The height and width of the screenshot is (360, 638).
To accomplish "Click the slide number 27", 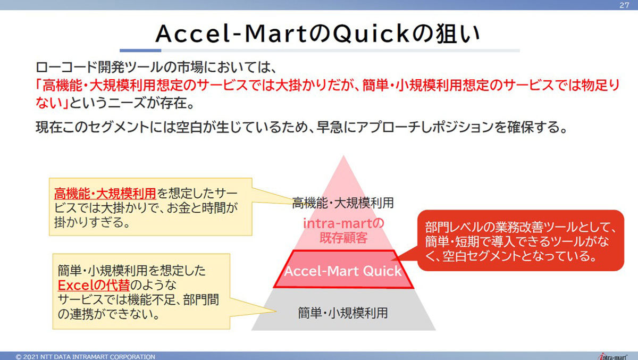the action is (x=624, y=5).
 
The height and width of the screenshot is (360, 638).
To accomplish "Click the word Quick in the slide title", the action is (x=371, y=34).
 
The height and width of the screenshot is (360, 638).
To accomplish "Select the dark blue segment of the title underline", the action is (x=140, y=51).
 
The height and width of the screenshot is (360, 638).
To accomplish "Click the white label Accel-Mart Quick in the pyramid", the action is (x=343, y=271).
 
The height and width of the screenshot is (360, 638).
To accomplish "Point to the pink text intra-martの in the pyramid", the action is (x=344, y=223).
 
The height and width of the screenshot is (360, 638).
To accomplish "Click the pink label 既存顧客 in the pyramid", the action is (x=343, y=238).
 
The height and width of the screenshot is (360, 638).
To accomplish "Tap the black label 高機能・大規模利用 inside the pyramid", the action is (x=343, y=203).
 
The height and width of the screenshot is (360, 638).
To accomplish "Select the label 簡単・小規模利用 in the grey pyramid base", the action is (x=343, y=313).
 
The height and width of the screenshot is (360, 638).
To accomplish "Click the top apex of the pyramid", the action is (x=343, y=155).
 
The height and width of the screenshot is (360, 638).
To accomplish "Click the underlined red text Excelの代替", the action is (x=94, y=285).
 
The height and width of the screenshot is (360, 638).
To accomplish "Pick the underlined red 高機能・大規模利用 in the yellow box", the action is (x=105, y=194).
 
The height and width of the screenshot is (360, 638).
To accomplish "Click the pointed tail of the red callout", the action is (x=392, y=259).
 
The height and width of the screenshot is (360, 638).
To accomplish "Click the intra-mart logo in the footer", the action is (x=612, y=357).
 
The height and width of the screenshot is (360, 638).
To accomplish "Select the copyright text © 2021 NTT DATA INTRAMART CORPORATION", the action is (x=86, y=357).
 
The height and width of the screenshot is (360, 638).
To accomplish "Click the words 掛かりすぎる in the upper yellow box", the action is (x=89, y=222).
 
